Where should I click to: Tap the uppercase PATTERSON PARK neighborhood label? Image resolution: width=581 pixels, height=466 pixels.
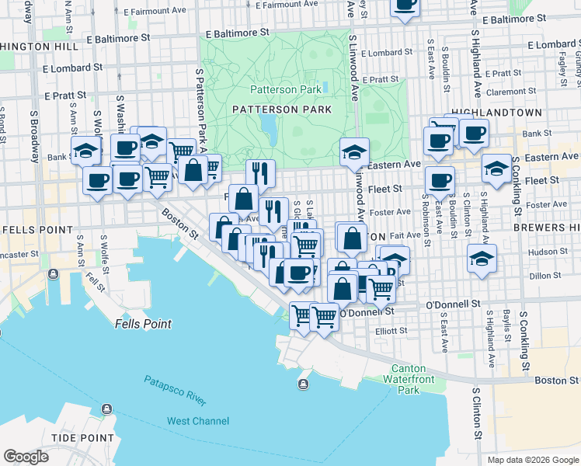(x=281, y=110)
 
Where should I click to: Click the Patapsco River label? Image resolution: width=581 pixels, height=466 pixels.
(x=175, y=391)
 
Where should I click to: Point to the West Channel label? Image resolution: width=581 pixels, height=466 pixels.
(x=198, y=421)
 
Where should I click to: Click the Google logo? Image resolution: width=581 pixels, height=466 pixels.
(x=26, y=457)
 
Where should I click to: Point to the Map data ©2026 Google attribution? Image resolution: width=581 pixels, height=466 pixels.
(x=533, y=460)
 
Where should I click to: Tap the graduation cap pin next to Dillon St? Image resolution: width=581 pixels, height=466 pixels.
(x=482, y=258)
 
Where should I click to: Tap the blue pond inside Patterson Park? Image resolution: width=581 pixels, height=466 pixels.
(x=269, y=123)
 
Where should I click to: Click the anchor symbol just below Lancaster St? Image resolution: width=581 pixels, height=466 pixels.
(x=52, y=274)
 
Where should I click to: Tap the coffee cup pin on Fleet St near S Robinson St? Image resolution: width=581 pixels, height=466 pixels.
(x=440, y=180)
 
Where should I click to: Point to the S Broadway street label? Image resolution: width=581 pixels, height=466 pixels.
(x=33, y=136)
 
